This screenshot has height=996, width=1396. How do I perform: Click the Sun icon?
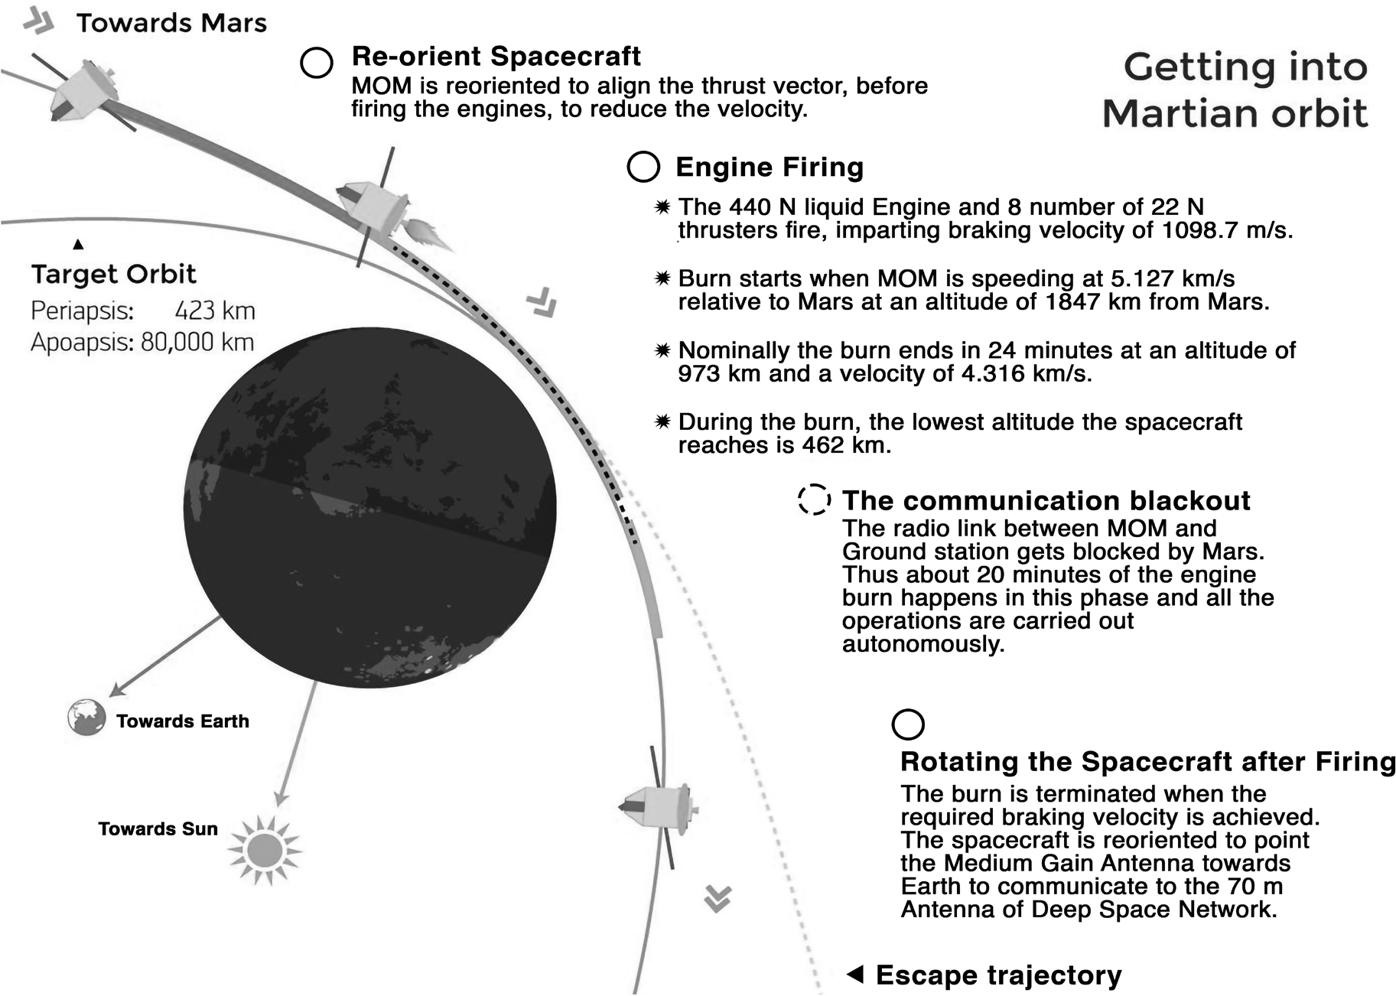[265, 850]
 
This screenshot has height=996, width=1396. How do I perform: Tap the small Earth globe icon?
[86, 718]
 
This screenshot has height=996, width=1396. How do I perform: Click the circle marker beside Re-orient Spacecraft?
[317, 63]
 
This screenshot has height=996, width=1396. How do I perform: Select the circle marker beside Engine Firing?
[643, 166]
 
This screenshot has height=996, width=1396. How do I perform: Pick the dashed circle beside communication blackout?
[815, 500]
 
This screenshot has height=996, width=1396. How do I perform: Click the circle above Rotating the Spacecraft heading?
[908, 724]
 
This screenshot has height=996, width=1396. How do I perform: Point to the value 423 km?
[215, 311]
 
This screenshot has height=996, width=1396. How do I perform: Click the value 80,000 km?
[197, 342]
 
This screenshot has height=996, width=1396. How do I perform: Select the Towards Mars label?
[171, 23]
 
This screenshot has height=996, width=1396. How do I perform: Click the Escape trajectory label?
[998, 975]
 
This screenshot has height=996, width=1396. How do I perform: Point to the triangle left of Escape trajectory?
[855, 974]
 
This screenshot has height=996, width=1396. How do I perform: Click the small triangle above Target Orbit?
[78, 244]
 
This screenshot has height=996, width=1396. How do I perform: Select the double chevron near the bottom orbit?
[718, 899]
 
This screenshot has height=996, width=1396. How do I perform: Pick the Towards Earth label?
[183, 721]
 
